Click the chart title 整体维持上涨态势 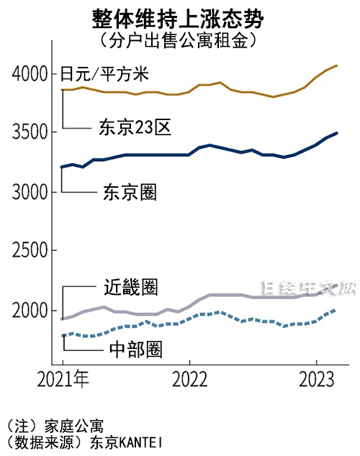coord(179,18)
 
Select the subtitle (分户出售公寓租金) coord(179,40)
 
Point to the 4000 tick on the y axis coord(30,74)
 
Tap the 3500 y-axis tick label coord(30,133)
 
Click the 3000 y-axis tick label coord(30,193)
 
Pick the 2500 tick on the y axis coord(30,252)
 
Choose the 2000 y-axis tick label coord(30,311)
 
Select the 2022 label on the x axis coord(189,379)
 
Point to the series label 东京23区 coord(134,128)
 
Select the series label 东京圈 coord(130,192)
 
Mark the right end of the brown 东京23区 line coord(337,66)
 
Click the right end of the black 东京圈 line coord(337,133)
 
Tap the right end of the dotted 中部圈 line coord(336,310)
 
